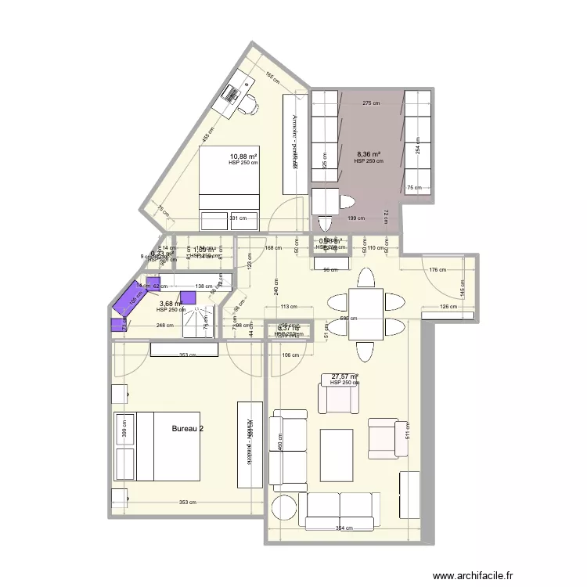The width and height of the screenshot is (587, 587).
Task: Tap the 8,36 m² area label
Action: [x=368, y=155]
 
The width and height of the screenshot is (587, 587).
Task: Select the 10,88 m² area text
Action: [x=243, y=157]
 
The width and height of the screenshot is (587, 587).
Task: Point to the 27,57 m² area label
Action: [x=344, y=376]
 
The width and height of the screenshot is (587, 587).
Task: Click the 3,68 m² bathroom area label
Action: [x=171, y=304]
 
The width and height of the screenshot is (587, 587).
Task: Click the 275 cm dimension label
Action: [x=370, y=103]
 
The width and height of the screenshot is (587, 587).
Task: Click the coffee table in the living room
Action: [x=340, y=453]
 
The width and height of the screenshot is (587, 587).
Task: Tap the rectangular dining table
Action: [x=366, y=313]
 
